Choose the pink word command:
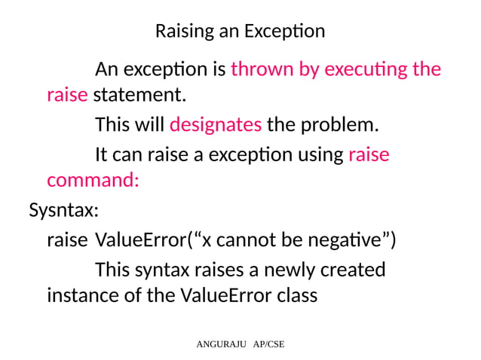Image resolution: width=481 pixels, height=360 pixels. coord(93,182)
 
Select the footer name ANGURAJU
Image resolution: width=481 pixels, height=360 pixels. coord(217,345)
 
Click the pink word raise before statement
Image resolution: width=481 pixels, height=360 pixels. coord(67,96)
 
